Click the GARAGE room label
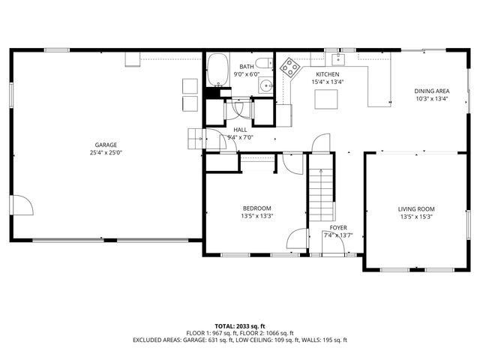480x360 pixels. click(106, 145)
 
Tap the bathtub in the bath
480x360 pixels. click(218, 70)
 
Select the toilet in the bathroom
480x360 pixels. click(264, 63)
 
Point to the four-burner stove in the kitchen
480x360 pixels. click(289, 67)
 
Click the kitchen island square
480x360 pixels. click(326, 99)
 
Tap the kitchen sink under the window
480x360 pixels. click(338, 58)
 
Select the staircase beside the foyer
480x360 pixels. click(321, 195)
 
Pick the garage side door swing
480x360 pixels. click(22, 205)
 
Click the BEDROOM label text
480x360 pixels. click(256, 208)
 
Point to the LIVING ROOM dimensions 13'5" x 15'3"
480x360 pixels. click(416, 217)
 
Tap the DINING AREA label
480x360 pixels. click(432, 91)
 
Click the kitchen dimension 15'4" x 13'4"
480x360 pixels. click(328, 82)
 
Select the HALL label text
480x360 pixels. click(240, 130)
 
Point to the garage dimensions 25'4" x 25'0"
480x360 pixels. click(106, 152)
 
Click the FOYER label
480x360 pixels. click(338, 228)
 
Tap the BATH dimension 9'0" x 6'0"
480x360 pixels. click(247, 74)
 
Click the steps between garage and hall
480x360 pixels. click(195, 139)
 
